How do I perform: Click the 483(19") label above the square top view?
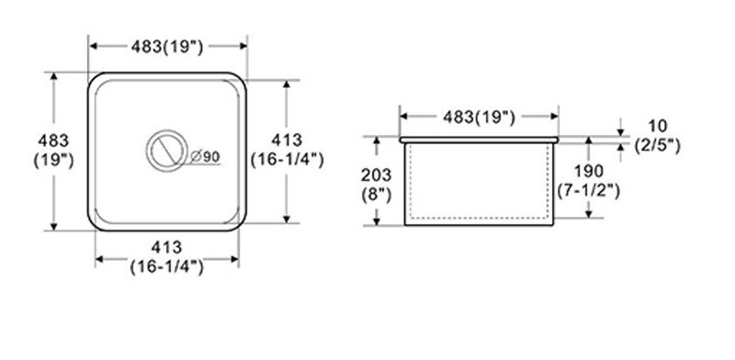(x=167, y=47)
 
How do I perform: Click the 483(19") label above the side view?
(x=479, y=117)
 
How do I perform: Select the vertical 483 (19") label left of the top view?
(x=53, y=150)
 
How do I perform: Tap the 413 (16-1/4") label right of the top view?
(x=287, y=150)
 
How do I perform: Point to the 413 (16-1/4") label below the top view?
(x=167, y=257)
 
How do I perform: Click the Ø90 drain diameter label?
(x=205, y=157)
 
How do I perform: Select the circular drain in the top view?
(x=167, y=151)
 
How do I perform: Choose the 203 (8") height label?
(x=376, y=185)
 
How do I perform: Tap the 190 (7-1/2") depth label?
(x=589, y=181)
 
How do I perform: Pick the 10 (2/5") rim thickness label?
(x=657, y=136)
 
